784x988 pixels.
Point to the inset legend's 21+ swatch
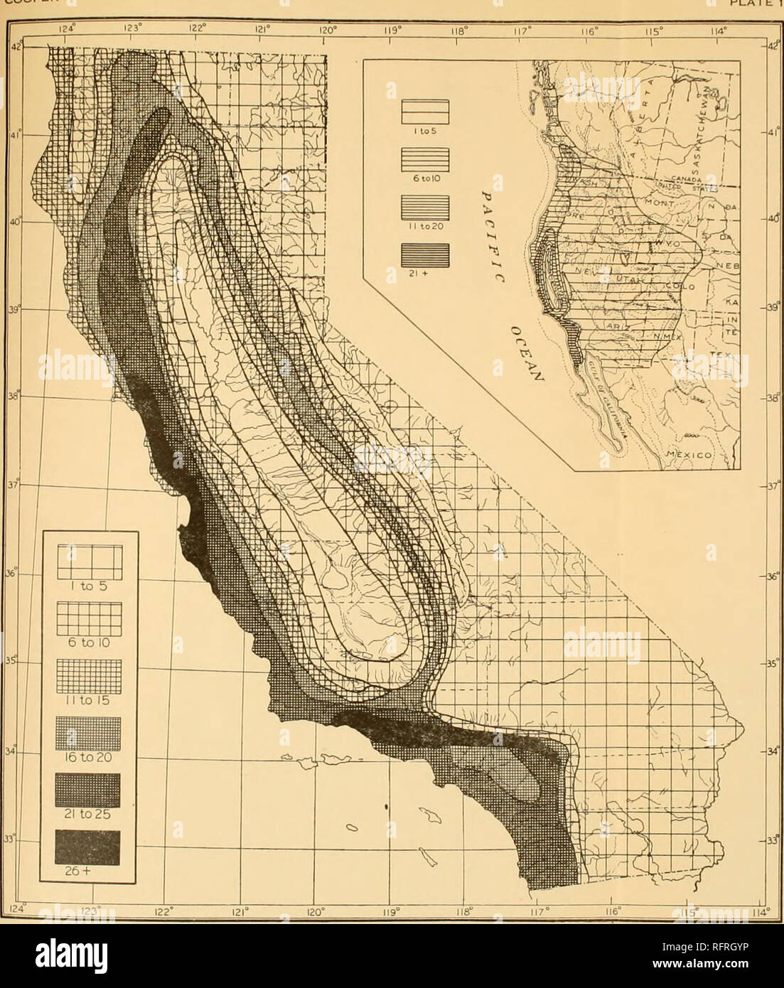click(425, 254)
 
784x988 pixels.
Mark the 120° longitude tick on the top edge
click(327, 31)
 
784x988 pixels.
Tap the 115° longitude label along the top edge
click(656, 31)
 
